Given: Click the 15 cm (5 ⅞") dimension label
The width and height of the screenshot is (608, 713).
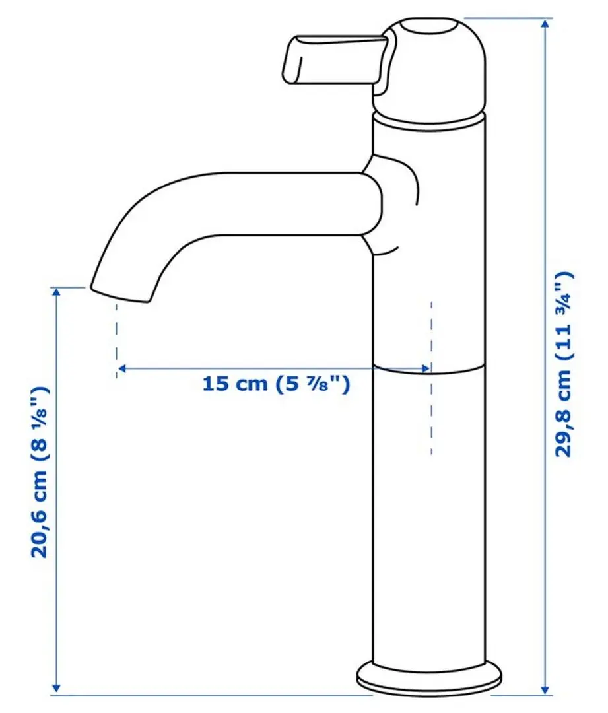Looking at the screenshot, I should pyautogui.click(x=275, y=384).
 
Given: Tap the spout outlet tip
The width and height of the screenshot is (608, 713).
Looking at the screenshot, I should pyautogui.click(x=119, y=294).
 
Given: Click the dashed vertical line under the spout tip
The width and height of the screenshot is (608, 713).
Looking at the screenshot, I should pyautogui.click(x=117, y=340).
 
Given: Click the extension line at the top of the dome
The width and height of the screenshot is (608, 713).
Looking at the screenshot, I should pyautogui.click(x=508, y=18).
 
